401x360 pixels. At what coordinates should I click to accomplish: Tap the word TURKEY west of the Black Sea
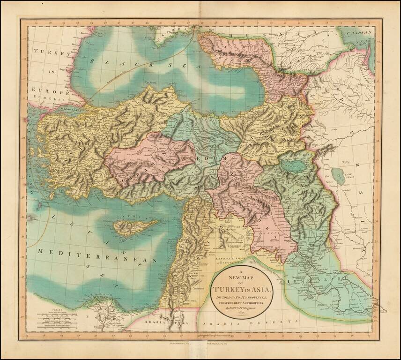[52, 52]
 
